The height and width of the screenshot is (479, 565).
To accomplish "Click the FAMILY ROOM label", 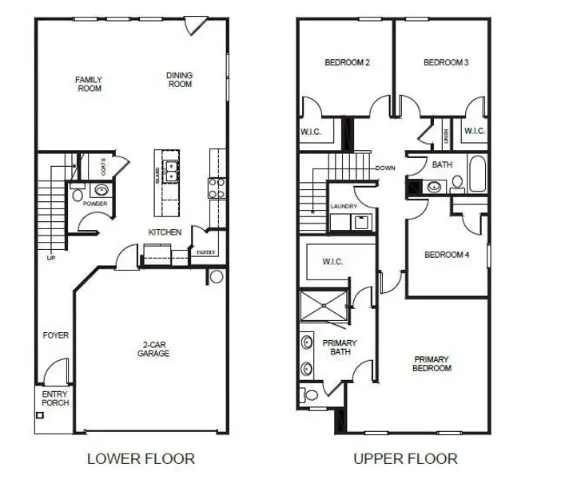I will tap(89, 84).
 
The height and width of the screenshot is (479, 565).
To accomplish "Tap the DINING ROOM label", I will tap(180, 80).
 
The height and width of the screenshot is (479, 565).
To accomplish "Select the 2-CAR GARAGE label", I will tap(153, 349).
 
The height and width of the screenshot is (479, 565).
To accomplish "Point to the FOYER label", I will tap(56, 335).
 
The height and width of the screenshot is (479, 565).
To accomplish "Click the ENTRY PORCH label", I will tap(55, 398).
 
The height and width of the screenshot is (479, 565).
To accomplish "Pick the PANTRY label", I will tap(205, 252).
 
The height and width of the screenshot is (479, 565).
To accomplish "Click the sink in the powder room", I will tap(101, 190).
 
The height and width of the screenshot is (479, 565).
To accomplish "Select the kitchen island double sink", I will tap(169, 169).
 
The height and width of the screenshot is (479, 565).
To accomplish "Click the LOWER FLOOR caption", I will tap(141, 458).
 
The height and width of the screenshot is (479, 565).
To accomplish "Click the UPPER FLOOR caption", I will tap(406, 458).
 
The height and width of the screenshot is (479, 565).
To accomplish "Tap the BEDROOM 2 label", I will tap(347, 62).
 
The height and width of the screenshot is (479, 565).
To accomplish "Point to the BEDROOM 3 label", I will tap(446, 62).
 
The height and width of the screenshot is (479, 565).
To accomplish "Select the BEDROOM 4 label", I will tap(447, 255).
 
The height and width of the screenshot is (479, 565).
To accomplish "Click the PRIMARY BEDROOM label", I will tap(432, 363).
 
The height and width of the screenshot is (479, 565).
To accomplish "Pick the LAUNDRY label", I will tap(344, 207).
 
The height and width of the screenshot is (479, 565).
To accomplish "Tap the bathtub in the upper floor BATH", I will tap(478, 176).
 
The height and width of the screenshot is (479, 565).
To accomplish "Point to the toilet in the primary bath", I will tap(308, 394).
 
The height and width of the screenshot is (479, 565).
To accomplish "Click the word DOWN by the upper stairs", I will tap(385, 168).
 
